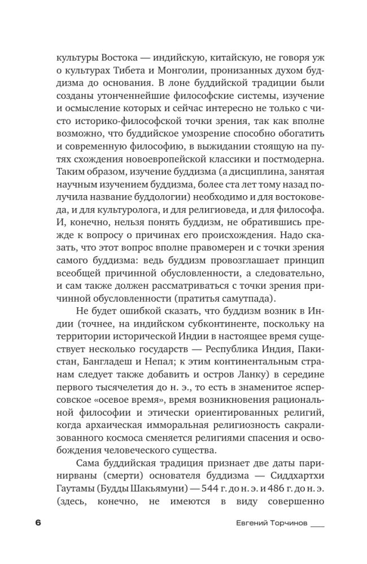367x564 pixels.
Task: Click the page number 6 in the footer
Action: (38, 522)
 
